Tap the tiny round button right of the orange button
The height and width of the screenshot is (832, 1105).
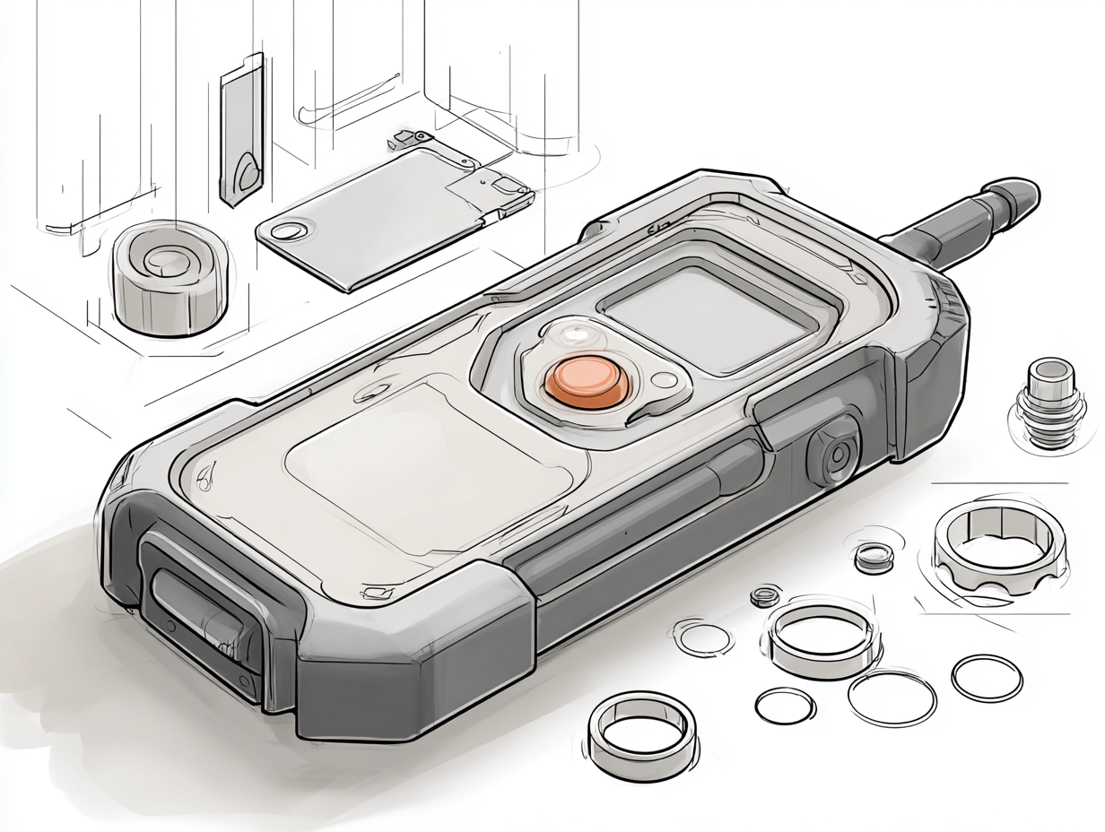(x=665, y=380)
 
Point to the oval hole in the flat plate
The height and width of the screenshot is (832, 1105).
(x=288, y=231)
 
